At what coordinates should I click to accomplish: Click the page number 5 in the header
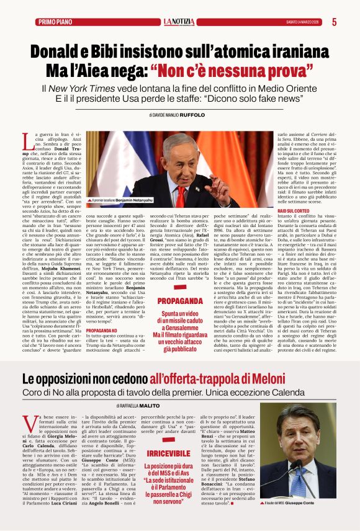click(x=334, y=22)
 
